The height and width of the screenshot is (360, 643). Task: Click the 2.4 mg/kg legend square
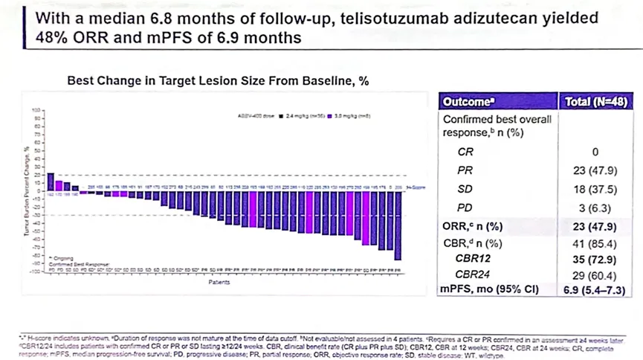[280, 115]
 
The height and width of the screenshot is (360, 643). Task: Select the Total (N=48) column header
[597, 102]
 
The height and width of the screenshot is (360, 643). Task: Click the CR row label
[465, 151]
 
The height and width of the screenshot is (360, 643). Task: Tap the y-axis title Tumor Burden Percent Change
[28, 191]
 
